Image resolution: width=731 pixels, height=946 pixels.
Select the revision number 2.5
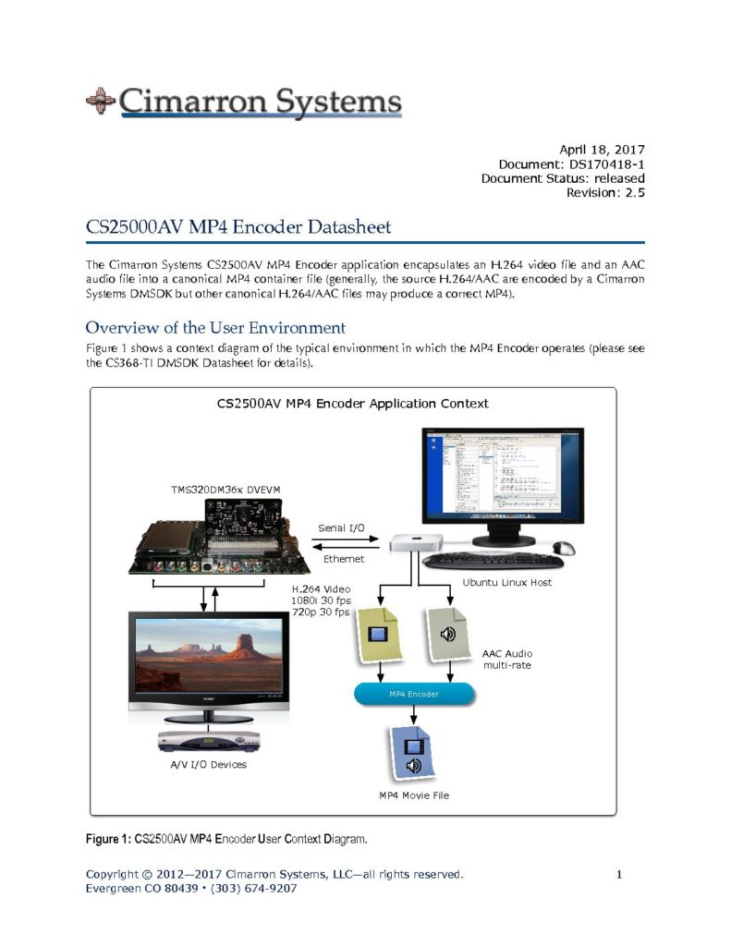[x=635, y=192]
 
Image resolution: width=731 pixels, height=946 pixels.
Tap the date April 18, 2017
[x=602, y=149]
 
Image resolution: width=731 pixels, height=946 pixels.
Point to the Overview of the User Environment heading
[x=215, y=327]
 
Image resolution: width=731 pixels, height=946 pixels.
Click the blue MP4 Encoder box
[x=414, y=693]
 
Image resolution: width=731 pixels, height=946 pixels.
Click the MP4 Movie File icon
[x=413, y=753]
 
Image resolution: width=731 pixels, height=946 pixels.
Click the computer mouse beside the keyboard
[x=563, y=548]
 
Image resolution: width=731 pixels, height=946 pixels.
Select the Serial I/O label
[x=341, y=528]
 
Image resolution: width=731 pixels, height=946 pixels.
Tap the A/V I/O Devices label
[x=209, y=764]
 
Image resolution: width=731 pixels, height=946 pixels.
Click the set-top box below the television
[x=209, y=740]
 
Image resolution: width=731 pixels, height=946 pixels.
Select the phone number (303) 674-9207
[x=254, y=888]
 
